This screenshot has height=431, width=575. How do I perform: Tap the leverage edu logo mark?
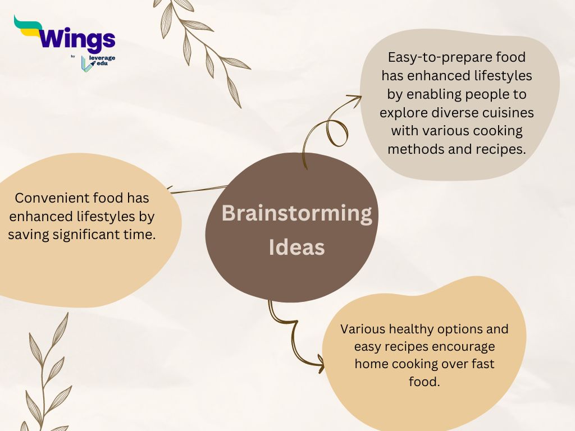coord(85,64)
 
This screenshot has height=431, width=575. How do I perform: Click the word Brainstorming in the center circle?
coord(296,213)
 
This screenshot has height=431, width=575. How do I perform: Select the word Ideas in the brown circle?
coord(296,247)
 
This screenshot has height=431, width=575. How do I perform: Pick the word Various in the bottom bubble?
coord(363,329)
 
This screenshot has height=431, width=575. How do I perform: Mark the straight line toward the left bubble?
coord(198,190)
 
